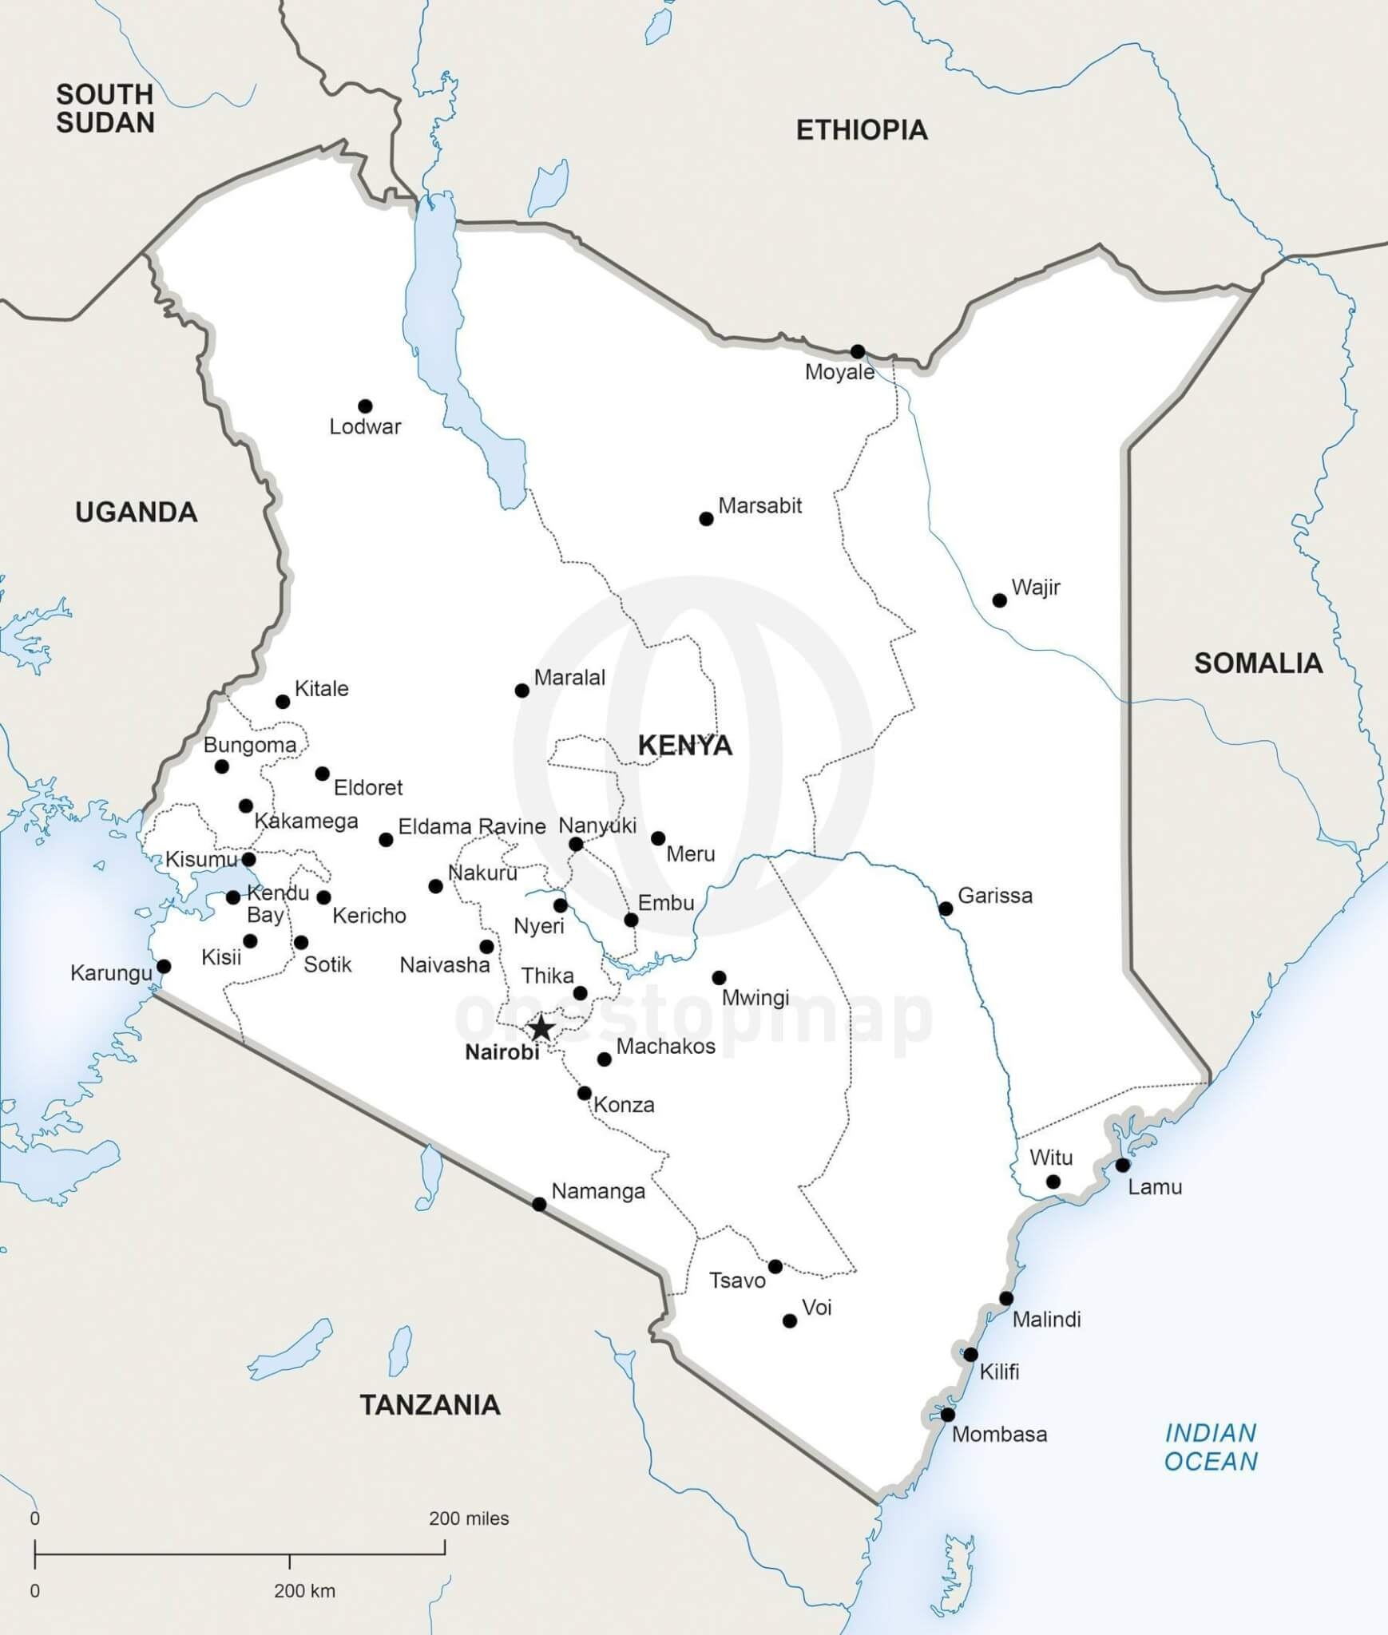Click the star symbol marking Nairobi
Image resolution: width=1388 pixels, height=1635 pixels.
click(x=541, y=1028)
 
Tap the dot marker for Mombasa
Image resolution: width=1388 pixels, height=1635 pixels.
click(x=947, y=1415)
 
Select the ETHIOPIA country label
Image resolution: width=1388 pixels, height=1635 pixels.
click(x=862, y=130)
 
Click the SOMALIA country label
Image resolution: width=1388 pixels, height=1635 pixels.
click(x=1258, y=663)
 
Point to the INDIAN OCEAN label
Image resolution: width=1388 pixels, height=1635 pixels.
click(x=1211, y=1447)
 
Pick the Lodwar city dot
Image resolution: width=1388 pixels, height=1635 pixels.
click(x=365, y=406)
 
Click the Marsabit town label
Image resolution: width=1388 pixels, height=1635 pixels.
click(x=759, y=506)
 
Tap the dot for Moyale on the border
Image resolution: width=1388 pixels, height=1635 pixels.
click(x=858, y=351)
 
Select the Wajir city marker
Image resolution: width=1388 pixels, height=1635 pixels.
click(x=999, y=600)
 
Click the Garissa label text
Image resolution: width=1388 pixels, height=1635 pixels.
click(x=995, y=896)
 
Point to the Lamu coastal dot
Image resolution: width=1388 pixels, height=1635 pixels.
click(x=1123, y=1165)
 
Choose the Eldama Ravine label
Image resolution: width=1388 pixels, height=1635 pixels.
click(x=472, y=826)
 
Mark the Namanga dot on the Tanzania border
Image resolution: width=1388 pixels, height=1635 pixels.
click(x=539, y=1204)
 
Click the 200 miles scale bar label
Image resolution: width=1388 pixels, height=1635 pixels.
click(x=469, y=1518)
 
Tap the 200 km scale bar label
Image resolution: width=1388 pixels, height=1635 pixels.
click(x=304, y=1591)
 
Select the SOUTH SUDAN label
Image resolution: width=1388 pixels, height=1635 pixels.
click(x=105, y=109)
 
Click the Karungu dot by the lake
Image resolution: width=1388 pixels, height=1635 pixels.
click(x=164, y=966)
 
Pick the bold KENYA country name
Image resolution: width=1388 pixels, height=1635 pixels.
click(x=684, y=746)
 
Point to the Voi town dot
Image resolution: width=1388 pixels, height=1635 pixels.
click(x=790, y=1321)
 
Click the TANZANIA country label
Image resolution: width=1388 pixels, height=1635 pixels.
click(x=430, y=1405)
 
